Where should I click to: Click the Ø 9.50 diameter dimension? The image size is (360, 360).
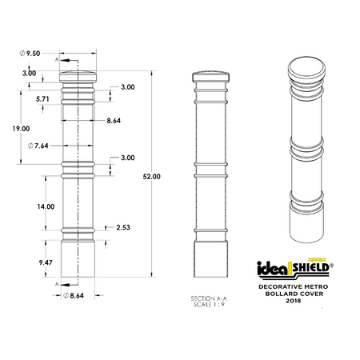[31, 53]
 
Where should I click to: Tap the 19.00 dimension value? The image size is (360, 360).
[21, 128]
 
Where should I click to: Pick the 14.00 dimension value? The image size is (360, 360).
[45, 206]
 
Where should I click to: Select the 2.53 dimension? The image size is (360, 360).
[122, 227]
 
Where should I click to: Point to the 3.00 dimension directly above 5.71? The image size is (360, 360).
[29, 74]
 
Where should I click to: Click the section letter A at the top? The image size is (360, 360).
[57, 59]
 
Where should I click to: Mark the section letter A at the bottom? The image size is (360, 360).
[57, 283]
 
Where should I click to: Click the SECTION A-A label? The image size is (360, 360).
[210, 297]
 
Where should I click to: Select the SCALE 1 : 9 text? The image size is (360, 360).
[210, 303]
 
